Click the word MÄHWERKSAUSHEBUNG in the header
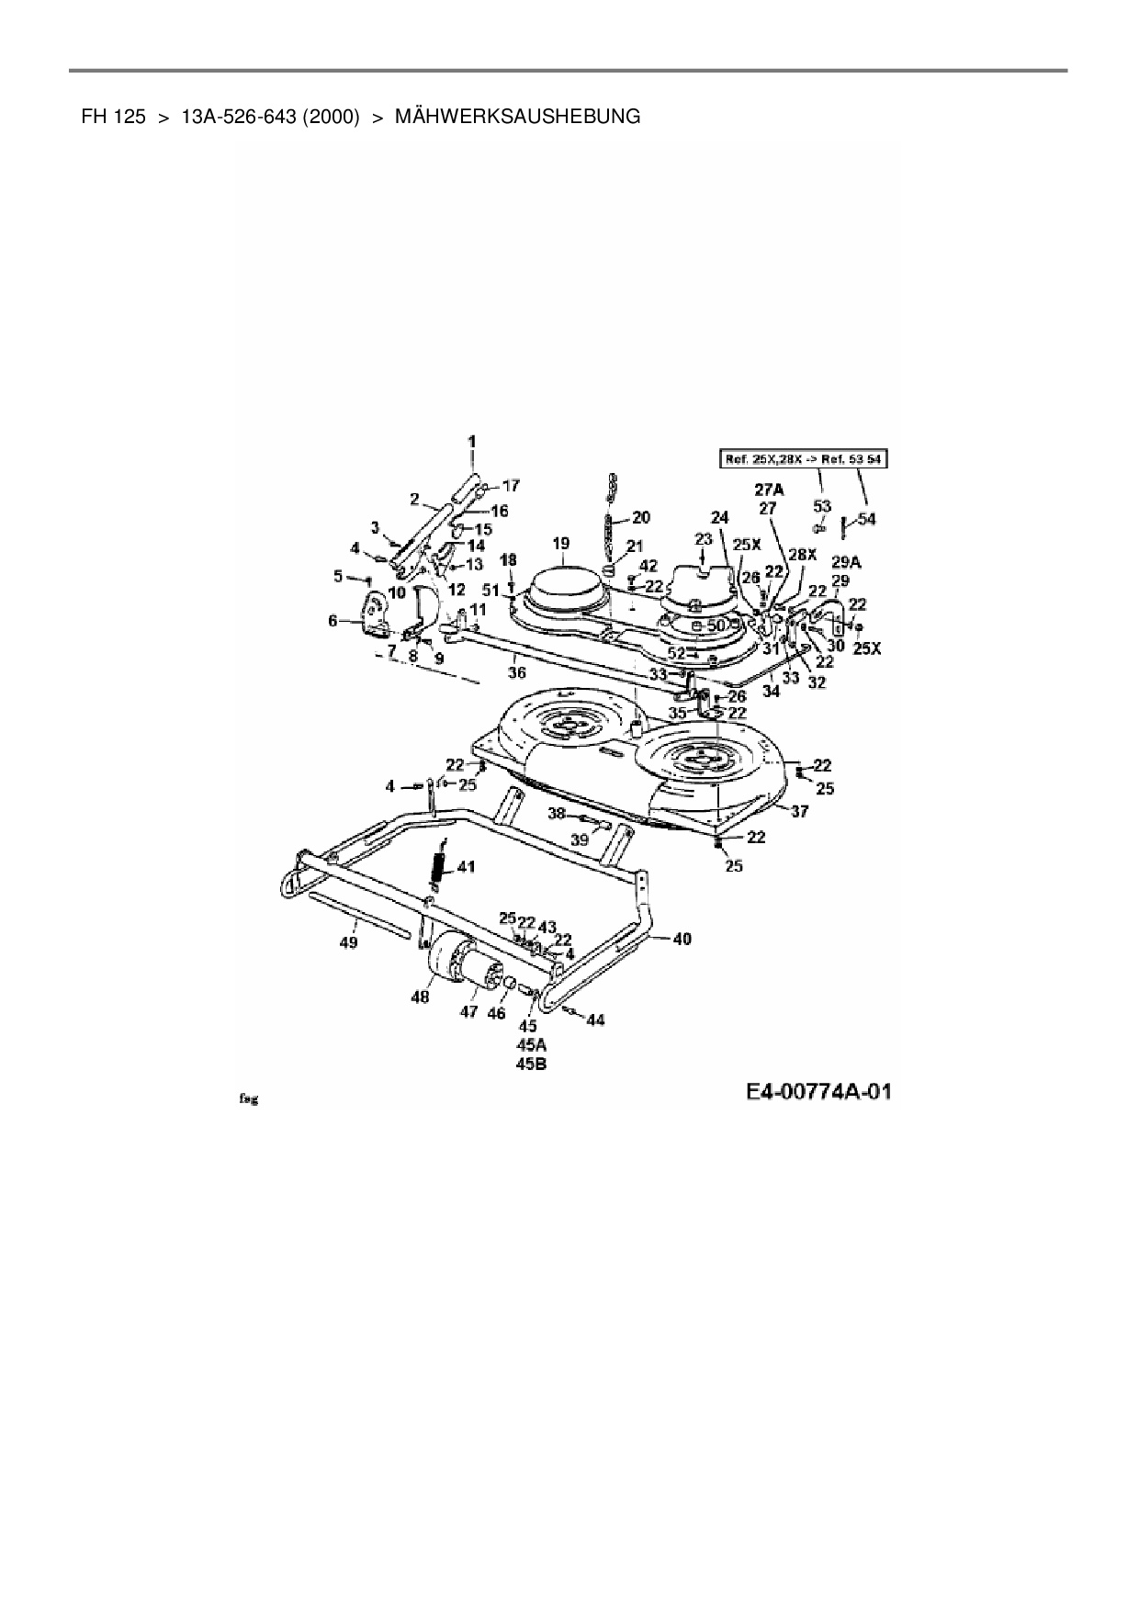coord(517,117)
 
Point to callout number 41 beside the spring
coord(467,865)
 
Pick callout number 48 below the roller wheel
coord(420,997)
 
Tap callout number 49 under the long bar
coord(348,942)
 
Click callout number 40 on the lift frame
coord(682,939)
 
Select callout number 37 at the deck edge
coord(800,811)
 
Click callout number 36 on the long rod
coord(517,672)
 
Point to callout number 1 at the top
coord(472,442)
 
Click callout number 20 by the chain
coord(641,517)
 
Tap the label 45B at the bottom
coord(531,1065)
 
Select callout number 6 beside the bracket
coord(333,621)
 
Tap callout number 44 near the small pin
coord(595,1020)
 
